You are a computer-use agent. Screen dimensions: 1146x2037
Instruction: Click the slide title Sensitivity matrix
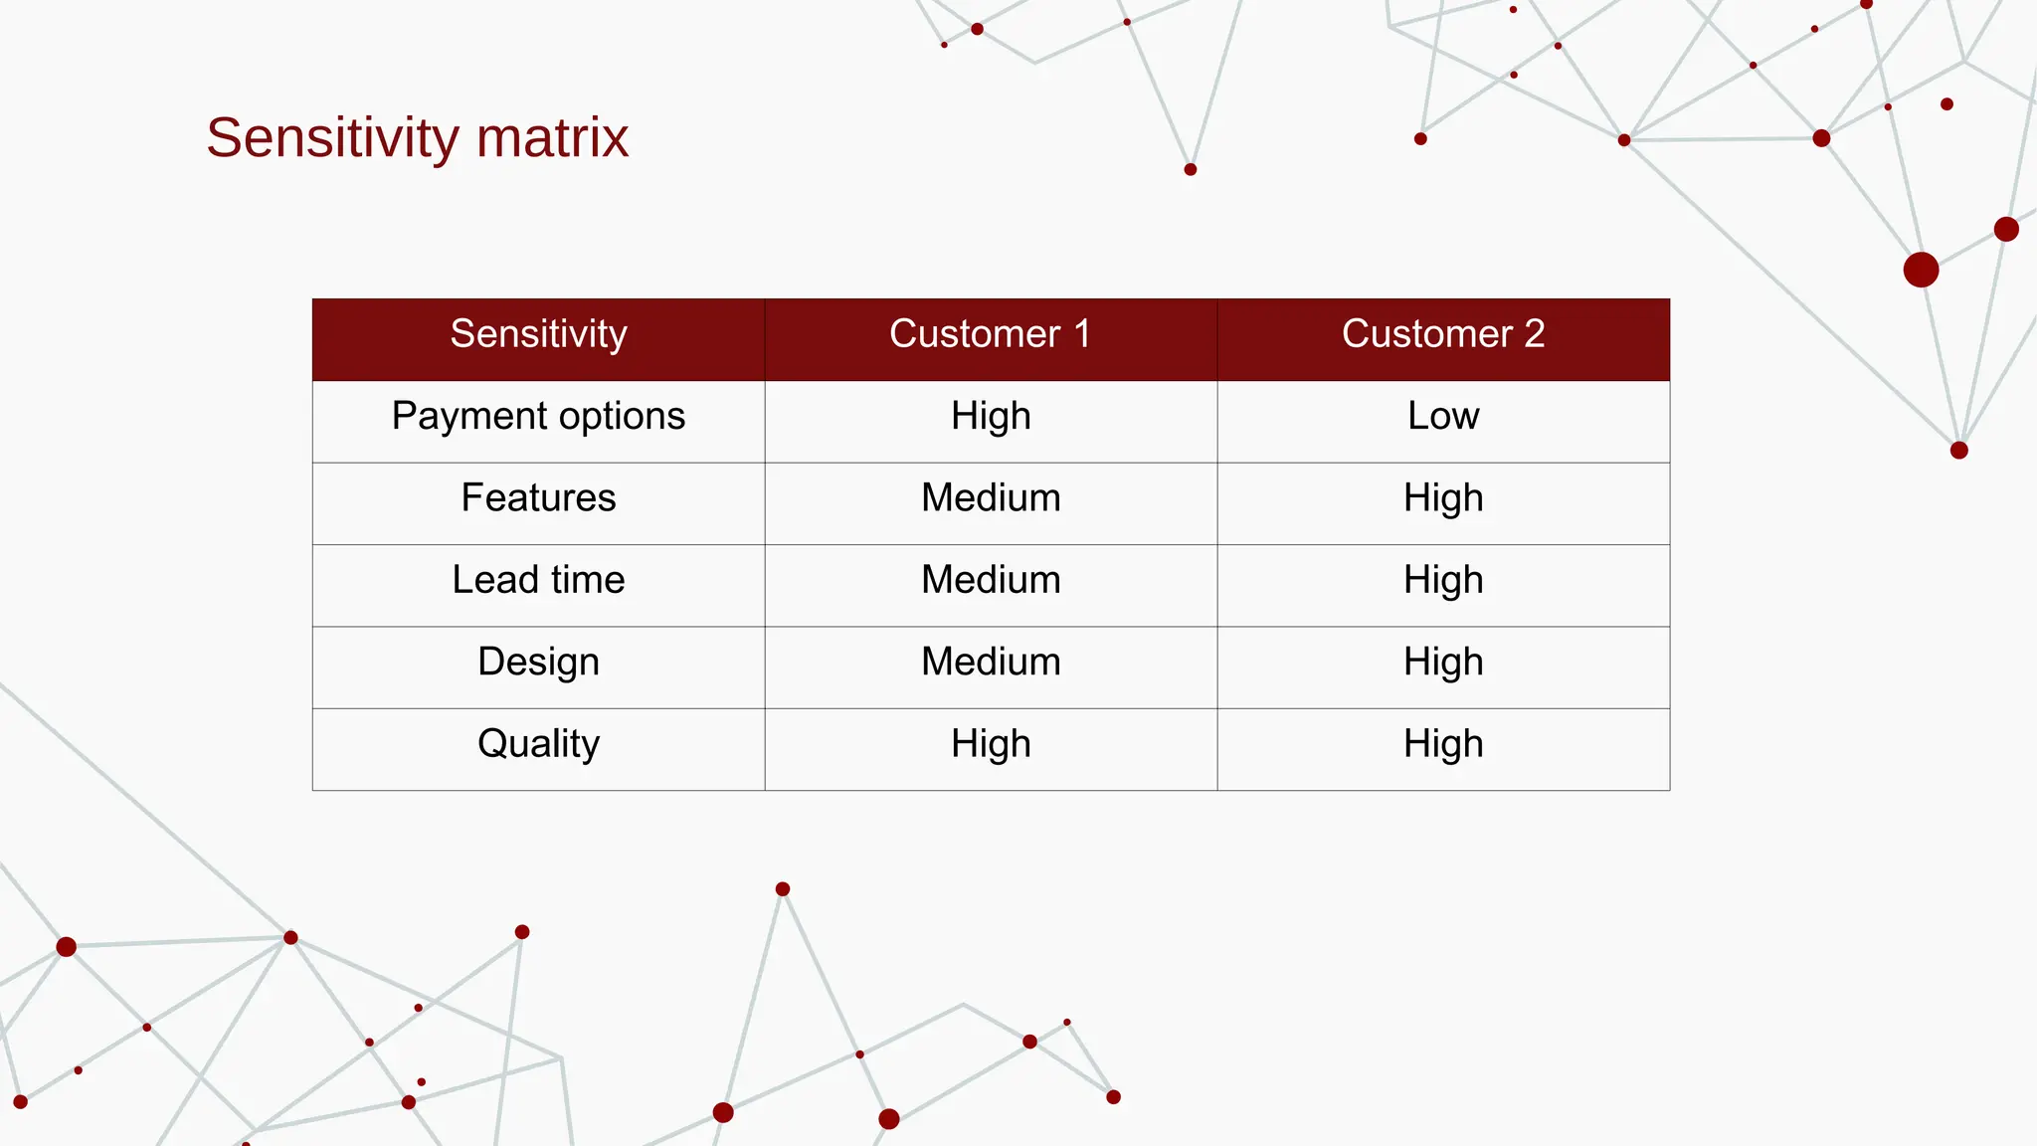417,137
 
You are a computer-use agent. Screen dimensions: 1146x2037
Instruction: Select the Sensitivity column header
538,334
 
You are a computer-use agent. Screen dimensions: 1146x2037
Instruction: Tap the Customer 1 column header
990,334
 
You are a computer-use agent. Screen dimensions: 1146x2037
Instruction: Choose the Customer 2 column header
1442,334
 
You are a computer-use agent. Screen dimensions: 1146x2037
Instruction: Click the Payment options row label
538,417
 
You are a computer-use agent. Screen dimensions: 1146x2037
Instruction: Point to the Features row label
538,498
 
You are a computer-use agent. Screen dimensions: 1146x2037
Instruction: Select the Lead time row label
538,580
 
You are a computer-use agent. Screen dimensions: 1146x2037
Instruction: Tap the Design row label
538,663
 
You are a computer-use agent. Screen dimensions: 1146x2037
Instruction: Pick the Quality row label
538,744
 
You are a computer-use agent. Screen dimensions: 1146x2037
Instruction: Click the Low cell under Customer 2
1442,417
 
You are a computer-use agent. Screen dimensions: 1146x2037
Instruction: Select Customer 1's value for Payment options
990,417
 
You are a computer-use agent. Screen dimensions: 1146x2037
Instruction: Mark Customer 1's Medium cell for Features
990,498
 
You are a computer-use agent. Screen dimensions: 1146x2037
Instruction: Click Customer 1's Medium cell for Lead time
990,580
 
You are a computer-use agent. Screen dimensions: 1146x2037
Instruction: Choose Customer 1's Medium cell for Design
990,663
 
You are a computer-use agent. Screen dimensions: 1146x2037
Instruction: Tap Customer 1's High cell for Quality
990,744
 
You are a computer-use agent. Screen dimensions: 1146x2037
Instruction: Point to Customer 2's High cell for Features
1442,498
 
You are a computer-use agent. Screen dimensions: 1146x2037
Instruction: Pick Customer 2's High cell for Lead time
1442,580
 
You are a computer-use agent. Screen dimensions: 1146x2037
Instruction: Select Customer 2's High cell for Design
1442,663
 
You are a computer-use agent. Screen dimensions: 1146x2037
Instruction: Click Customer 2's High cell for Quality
1442,744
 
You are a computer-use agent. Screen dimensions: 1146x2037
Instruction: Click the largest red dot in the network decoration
1921,270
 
